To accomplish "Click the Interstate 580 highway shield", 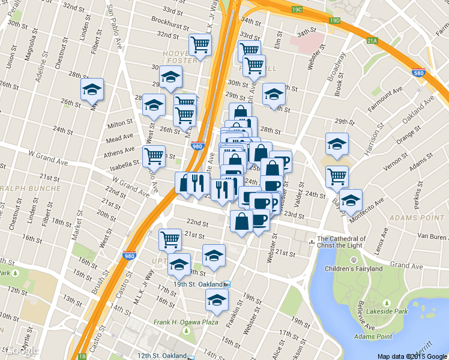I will click(419, 72).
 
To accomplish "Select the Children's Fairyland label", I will click(354, 268).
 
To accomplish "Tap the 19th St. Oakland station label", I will click(196, 284).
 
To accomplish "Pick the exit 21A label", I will click(372, 40).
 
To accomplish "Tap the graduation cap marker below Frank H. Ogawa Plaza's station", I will click(217, 300).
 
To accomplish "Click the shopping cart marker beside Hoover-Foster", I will click(200, 44).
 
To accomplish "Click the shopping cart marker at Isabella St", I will click(154, 156).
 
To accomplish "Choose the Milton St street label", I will click(119, 123).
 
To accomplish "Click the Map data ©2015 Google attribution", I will click(412, 356).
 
